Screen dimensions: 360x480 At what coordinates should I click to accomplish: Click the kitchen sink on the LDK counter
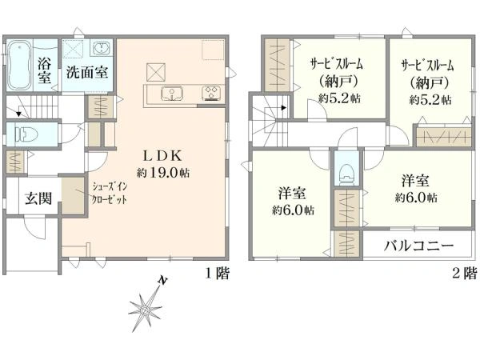coord(171,94)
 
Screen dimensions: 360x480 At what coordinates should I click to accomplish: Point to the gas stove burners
coord(211,93)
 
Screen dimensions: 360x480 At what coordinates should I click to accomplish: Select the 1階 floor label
coord(217,274)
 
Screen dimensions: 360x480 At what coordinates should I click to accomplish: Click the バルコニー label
coord(418,245)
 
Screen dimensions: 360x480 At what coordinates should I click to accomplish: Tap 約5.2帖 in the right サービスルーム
coord(430,99)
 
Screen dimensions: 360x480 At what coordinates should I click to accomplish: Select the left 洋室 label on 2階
coord(290,194)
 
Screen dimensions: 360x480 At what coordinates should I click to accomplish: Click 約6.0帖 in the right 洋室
coord(415,196)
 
